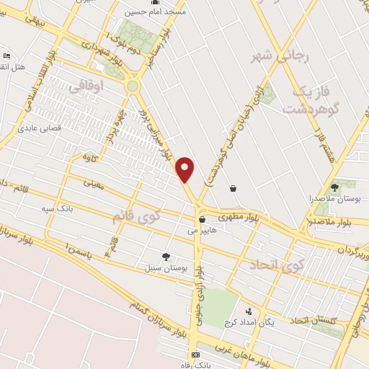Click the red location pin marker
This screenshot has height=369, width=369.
tap(186, 169)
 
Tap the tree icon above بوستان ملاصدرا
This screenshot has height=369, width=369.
tap(334, 187)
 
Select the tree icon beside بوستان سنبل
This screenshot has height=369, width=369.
tap(166, 256)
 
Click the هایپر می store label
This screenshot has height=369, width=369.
tap(202, 231)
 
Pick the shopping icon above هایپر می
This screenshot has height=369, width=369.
tap(202, 220)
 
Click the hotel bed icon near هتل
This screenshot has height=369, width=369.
tap(6, 56)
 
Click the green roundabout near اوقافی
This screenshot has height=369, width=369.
tap(132, 86)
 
